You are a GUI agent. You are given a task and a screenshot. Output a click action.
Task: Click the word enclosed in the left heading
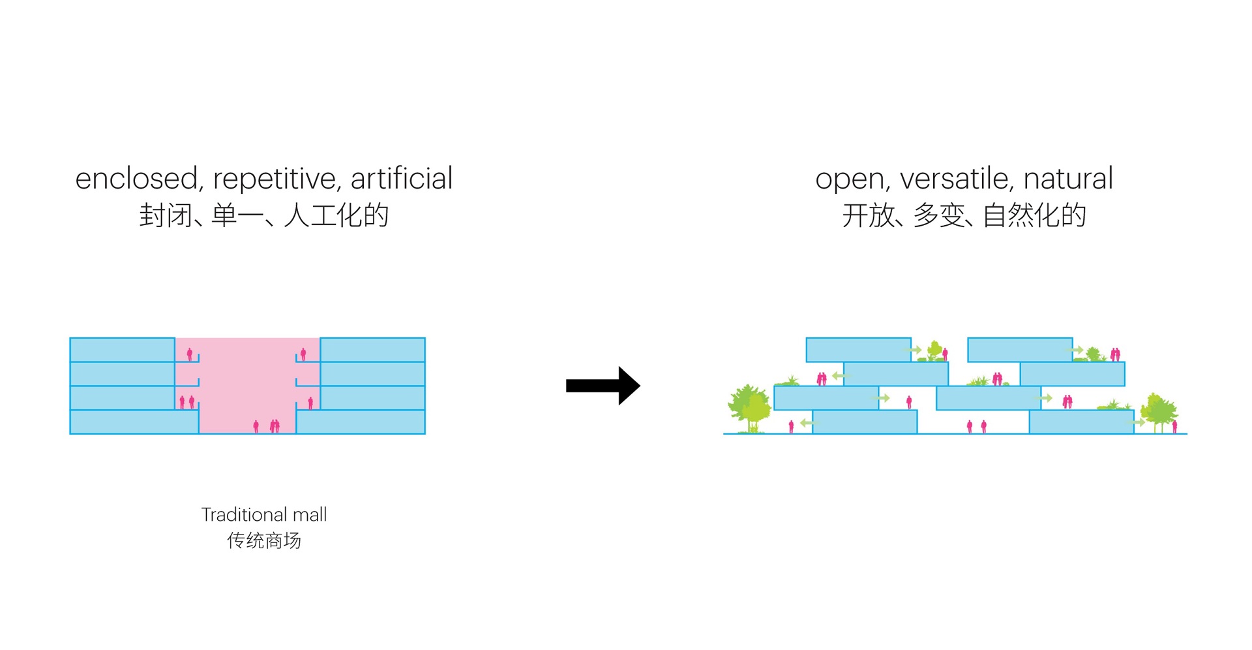click(x=136, y=179)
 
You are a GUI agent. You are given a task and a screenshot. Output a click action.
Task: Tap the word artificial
click(x=401, y=179)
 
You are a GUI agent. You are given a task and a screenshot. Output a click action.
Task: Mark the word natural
click(x=1067, y=179)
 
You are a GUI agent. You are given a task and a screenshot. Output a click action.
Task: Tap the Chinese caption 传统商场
click(x=264, y=540)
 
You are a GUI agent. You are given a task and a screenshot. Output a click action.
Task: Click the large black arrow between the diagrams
click(x=603, y=386)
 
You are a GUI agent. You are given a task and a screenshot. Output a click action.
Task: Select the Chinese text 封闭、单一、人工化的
click(x=264, y=215)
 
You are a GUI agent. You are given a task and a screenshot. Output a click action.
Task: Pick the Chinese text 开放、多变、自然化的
click(x=964, y=215)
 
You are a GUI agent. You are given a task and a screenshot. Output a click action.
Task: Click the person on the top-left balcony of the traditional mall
click(x=190, y=354)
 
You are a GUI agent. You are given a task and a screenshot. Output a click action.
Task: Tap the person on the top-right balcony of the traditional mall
click(x=303, y=354)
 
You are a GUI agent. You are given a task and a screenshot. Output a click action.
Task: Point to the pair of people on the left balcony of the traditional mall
click(x=186, y=402)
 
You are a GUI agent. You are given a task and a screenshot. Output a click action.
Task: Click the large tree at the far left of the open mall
click(x=749, y=408)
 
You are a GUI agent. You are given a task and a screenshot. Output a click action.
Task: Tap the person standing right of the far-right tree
click(x=1175, y=427)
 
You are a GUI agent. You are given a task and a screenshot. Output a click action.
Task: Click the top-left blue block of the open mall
click(x=858, y=350)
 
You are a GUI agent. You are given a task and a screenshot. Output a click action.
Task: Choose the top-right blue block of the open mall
click(x=1020, y=350)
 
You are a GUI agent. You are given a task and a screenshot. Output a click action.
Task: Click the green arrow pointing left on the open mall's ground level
click(x=807, y=423)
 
